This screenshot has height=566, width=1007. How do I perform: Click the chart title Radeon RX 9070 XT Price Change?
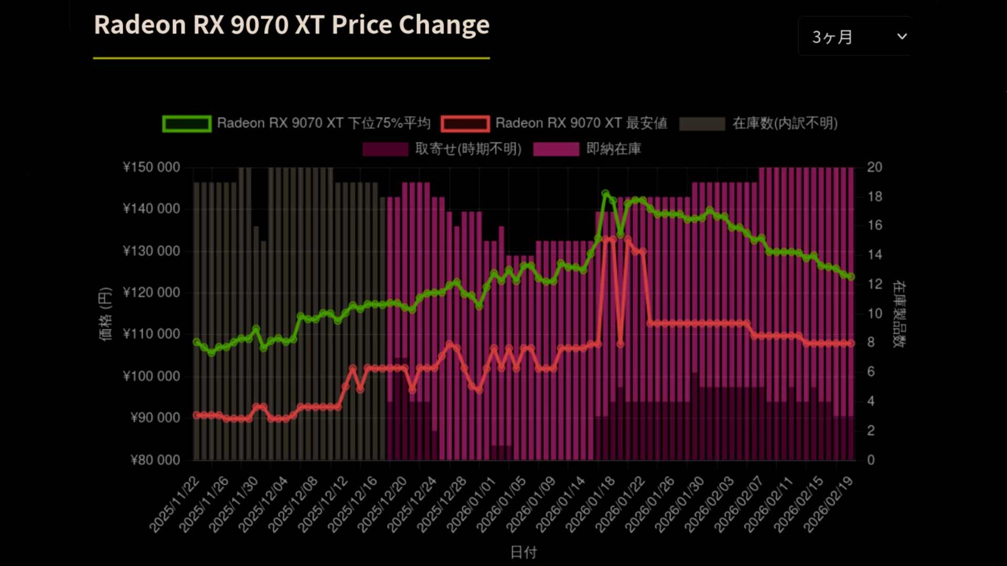(292, 25)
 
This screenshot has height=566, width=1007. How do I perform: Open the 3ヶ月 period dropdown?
(856, 37)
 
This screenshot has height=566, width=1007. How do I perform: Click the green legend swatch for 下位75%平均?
(187, 124)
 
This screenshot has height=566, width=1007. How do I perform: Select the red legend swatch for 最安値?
(465, 124)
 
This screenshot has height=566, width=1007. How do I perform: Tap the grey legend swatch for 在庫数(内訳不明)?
(702, 124)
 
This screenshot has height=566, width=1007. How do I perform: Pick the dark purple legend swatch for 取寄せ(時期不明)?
(385, 149)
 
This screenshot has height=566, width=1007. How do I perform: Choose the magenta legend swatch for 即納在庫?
(556, 149)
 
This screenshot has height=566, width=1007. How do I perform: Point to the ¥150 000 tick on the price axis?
(151, 167)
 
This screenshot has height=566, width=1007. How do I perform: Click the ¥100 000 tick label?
(151, 376)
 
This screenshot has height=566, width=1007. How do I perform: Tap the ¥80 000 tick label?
(155, 460)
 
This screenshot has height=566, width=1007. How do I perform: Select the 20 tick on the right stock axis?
(874, 167)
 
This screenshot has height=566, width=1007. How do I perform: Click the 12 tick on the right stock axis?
(874, 284)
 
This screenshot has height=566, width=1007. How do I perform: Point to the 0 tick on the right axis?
(871, 460)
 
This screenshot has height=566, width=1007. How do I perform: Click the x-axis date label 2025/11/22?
(175, 504)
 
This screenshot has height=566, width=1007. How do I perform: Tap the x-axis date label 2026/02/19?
(829, 504)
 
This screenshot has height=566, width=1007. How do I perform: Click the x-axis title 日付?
(523, 552)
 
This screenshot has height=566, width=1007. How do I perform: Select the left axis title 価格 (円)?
(105, 314)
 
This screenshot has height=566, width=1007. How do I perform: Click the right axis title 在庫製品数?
(899, 314)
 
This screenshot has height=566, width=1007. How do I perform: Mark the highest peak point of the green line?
(605, 194)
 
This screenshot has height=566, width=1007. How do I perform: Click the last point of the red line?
(851, 343)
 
